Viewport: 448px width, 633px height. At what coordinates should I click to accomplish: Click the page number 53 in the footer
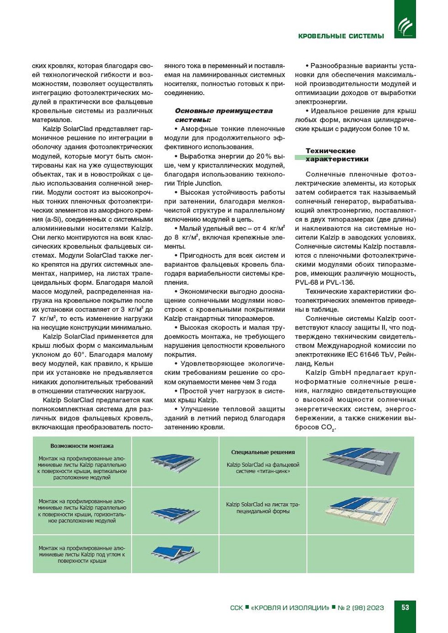click(x=405, y=607)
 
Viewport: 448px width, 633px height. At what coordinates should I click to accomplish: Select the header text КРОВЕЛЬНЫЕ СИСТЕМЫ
click(x=341, y=36)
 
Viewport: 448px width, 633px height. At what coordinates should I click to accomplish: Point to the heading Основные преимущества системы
click(x=224, y=115)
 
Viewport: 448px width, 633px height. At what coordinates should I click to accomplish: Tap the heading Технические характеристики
click(x=337, y=155)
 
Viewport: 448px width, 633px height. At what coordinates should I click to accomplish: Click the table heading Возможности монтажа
click(x=82, y=446)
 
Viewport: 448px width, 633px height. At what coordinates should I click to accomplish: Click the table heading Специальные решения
click(x=263, y=452)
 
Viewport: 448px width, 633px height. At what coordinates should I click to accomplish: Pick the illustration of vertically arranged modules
click(x=175, y=462)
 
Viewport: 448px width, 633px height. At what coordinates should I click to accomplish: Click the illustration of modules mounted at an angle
click(x=175, y=553)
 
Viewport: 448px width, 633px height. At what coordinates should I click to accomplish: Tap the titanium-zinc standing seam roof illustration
click(x=361, y=461)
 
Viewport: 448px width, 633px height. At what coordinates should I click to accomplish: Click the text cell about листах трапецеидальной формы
click(x=263, y=508)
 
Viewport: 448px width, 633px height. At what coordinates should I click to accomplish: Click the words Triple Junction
click(x=199, y=183)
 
